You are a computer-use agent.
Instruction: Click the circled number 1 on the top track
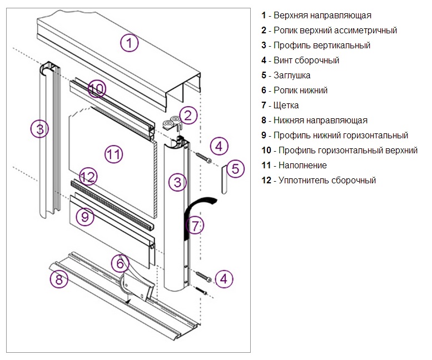(x=129, y=43)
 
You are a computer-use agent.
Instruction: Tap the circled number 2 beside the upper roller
(x=188, y=116)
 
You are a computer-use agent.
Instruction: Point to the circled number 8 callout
(x=58, y=279)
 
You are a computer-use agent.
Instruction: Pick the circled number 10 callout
(x=96, y=88)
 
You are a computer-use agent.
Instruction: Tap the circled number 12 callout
(x=88, y=177)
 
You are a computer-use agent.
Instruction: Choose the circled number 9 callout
(x=85, y=217)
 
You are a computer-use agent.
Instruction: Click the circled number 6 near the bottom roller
(x=120, y=262)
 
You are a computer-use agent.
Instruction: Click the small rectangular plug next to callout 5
(x=224, y=178)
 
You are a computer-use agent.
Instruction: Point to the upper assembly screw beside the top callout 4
(x=203, y=157)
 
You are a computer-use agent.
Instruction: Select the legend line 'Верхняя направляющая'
(x=316, y=16)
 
